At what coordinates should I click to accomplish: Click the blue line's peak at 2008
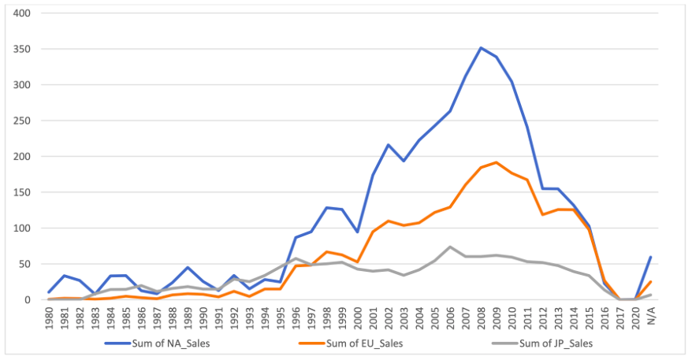pyautogui.click(x=481, y=48)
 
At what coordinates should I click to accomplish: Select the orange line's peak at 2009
pyautogui.click(x=497, y=162)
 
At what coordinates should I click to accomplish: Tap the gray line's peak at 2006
pyautogui.click(x=450, y=247)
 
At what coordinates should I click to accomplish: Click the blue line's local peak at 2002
pyautogui.click(x=389, y=145)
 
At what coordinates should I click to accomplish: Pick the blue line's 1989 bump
pyautogui.click(x=188, y=268)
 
